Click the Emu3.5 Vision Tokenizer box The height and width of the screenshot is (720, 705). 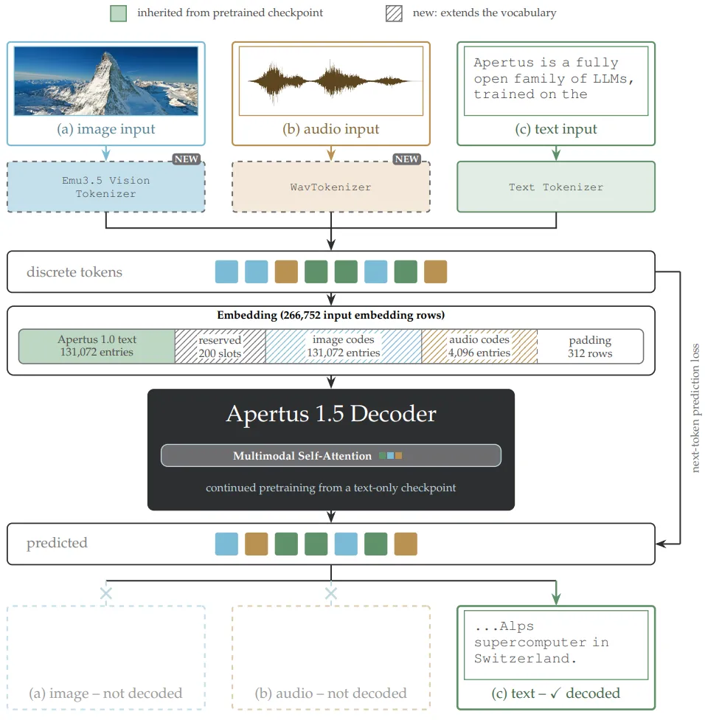click(x=106, y=187)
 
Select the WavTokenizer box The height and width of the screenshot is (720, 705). click(x=331, y=187)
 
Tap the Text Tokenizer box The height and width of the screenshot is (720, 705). click(x=556, y=187)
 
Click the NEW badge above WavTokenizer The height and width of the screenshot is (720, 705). click(x=406, y=159)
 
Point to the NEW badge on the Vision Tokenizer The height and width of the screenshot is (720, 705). click(x=186, y=159)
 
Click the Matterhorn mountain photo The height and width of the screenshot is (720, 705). click(x=106, y=81)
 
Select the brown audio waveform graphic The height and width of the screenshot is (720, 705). click(x=329, y=81)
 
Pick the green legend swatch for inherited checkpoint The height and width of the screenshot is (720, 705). click(x=119, y=13)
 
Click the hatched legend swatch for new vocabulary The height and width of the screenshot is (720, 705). click(x=394, y=13)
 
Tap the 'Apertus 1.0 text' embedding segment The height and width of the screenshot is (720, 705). click(x=97, y=346)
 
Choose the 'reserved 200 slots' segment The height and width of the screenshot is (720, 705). click(x=220, y=346)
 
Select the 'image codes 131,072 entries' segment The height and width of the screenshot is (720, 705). click(x=344, y=346)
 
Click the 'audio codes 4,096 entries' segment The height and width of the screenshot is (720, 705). click(x=479, y=346)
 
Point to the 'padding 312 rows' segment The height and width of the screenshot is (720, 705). click(x=590, y=346)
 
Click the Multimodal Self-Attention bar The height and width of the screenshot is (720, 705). click(x=331, y=455)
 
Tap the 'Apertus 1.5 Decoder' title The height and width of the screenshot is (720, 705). click(x=331, y=414)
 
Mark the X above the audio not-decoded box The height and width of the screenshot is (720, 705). click(x=331, y=593)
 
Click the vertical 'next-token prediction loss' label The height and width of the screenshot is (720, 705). click(x=695, y=408)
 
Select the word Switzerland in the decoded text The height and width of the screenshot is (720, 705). click(x=525, y=659)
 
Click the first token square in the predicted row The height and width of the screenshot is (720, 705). click(x=226, y=544)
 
